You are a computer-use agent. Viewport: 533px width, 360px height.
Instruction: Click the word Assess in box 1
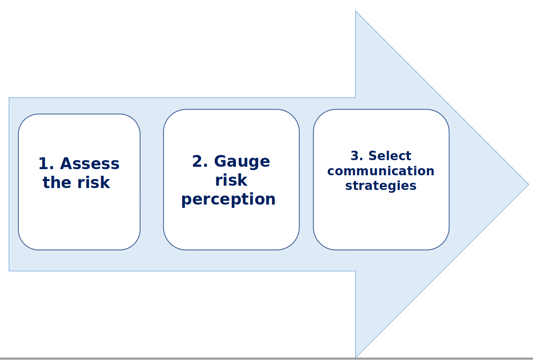90,163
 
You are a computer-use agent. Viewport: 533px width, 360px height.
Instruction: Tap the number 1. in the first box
46,163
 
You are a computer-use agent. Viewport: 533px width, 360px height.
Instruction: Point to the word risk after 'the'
93,182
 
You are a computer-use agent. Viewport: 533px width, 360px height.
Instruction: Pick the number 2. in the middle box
200,161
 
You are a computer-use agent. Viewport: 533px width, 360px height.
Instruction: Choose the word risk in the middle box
231,180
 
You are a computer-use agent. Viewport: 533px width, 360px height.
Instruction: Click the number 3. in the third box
357,156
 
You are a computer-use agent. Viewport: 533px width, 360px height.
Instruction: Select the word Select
390,156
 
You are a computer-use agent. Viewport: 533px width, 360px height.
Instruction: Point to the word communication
381,171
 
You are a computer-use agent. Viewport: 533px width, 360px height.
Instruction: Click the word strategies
381,186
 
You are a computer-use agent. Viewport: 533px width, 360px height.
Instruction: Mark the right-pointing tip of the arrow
529,184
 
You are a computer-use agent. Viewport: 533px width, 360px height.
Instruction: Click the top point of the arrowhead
355,11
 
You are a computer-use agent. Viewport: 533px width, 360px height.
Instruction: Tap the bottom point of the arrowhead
355,357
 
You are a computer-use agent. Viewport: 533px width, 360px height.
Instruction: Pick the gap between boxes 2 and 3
306,180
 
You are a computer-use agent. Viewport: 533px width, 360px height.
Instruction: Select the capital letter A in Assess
67,163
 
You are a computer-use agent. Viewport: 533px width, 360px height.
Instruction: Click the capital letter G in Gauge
220,161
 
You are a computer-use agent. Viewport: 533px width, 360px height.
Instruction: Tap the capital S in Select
373,156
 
